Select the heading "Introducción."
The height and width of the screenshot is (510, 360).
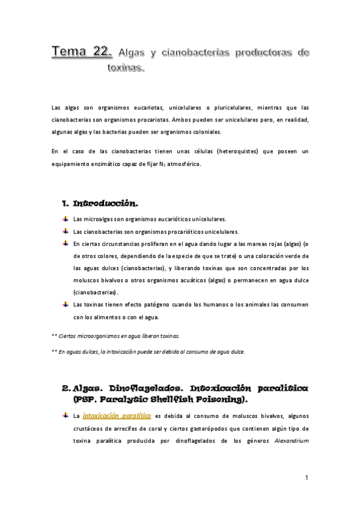tap(105, 204)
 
